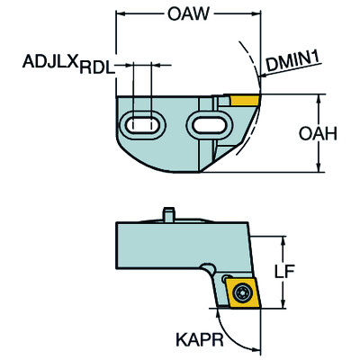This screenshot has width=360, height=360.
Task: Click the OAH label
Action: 320,132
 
